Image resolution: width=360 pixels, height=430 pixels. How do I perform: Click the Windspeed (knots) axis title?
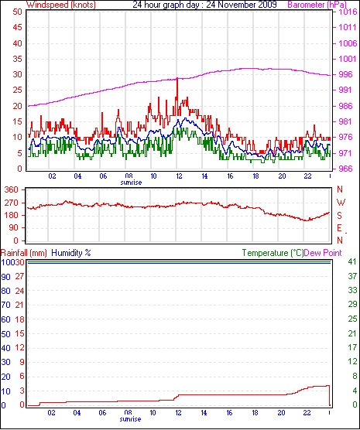click(60, 5)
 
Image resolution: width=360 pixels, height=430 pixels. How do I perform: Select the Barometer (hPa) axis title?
click(317, 5)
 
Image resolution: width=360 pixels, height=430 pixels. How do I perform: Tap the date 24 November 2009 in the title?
click(242, 5)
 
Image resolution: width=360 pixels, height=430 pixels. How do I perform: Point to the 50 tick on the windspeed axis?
click(17, 12)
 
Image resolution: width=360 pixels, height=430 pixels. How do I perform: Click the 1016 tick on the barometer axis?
click(347, 12)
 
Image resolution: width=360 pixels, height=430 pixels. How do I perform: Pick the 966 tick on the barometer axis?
click(345, 169)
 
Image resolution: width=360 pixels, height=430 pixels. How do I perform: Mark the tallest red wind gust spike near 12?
click(177, 79)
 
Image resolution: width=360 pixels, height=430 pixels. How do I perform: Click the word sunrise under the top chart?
click(131, 183)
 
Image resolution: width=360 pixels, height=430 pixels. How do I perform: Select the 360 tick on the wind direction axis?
click(12, 189)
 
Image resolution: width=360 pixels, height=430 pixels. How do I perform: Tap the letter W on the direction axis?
click(341, 203)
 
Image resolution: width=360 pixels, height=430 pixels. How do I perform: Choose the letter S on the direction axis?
click(339, 216)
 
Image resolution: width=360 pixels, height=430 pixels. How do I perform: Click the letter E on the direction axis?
click(339, 228)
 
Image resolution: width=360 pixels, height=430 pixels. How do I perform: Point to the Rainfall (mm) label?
click(24, 253)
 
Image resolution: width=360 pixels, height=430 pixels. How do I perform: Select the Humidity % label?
click(71, 253)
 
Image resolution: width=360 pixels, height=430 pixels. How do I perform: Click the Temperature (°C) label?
click(273, 253)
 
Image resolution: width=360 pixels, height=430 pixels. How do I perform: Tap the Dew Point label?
click(323, 253)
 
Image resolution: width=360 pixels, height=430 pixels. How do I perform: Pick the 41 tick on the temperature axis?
click(352, 261)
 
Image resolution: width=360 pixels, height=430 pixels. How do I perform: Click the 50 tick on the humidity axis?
click(5, 334)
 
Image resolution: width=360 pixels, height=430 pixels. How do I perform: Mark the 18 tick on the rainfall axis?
click(19, 319)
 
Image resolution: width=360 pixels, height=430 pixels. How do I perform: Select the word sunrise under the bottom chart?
click(130, 419)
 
